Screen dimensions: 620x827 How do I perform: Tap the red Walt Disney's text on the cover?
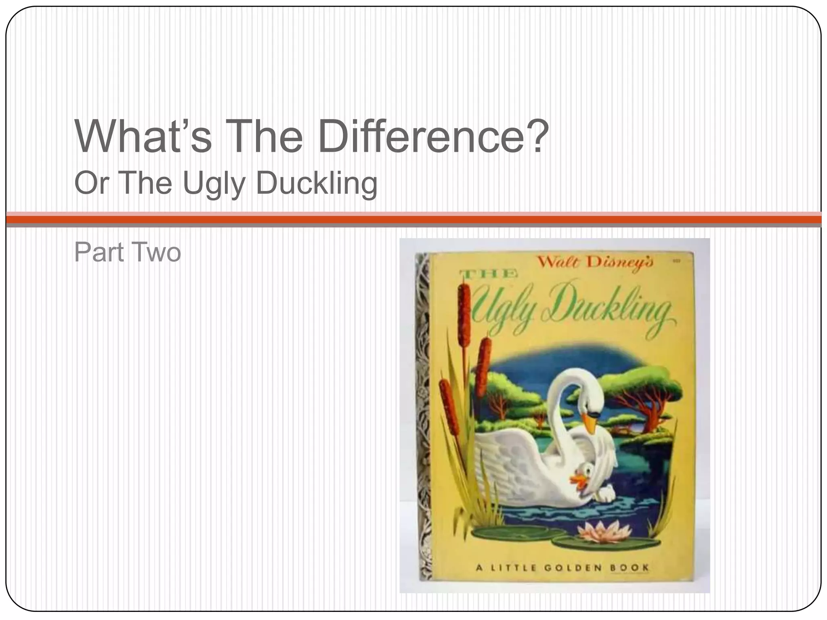click(x=595, y=263)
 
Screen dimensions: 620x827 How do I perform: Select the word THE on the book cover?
click(x=489, y=274)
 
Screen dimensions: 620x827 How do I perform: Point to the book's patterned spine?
click(x=422, y=416)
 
